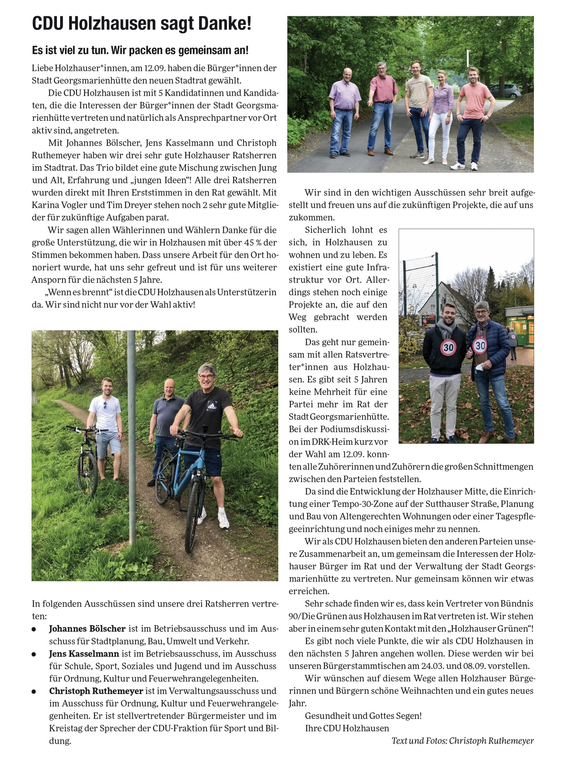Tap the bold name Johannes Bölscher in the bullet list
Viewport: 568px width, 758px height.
pos(87,629)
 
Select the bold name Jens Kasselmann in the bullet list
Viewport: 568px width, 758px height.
pos(84,653)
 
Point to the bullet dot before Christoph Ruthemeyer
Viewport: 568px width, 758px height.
pos(33,691)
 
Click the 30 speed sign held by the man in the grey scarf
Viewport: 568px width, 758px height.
pos(448,347)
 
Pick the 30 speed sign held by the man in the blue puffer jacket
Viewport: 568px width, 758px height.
pos(480,346)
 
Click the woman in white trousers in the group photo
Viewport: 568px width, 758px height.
pos(441,116)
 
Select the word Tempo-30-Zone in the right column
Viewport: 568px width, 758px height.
pos(363,504)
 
